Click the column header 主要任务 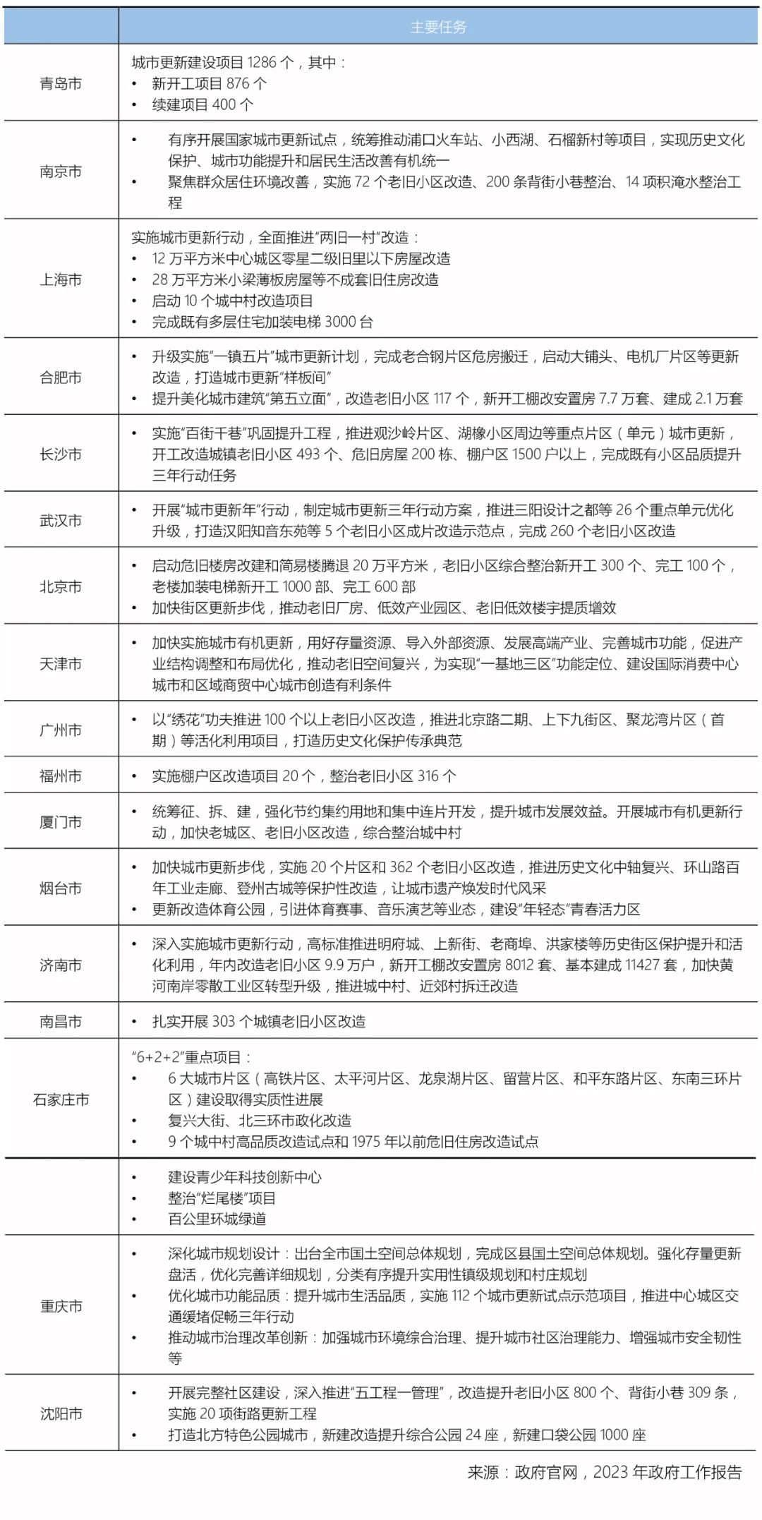point(438,28)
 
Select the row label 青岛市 point(61,84)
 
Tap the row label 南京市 point(61,171)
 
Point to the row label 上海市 point(61,280)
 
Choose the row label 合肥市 point(61,378)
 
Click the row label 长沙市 point(61,454)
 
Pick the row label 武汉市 point(61,521)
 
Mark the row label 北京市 point(61,587)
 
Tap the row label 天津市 point(61,664)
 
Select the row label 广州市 point(61,730)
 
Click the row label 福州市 point(61,776)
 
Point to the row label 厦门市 point(61,822)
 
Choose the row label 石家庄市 point(61,1099)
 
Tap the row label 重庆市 point(61,1306)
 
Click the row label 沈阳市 point(61,1413)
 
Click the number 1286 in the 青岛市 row point(262,63)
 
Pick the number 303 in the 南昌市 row point(223,1021)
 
